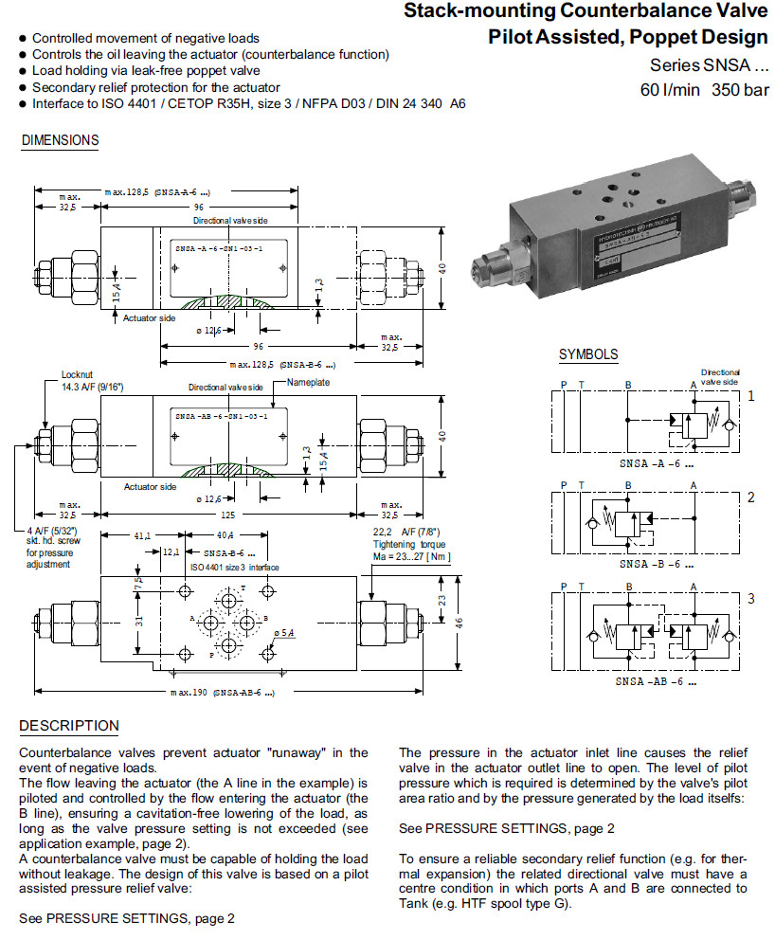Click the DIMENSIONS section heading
pos(59,140)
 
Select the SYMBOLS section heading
pos(587,355)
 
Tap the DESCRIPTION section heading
pos(69,726)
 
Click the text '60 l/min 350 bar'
pos(705,90)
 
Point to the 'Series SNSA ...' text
pos(709,65)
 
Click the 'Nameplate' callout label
pos(308,382)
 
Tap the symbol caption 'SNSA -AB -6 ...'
pos(656,680)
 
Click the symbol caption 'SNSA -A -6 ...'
pos(656,464)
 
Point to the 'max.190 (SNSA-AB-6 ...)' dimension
pos(224,694)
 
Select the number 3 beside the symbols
pos(750,599)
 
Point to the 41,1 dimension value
pos(141,535)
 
